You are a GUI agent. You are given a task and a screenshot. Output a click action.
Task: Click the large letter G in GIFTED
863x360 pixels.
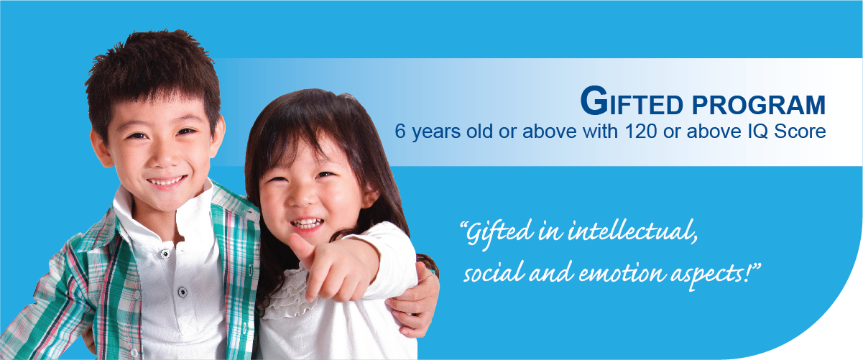(594, 101)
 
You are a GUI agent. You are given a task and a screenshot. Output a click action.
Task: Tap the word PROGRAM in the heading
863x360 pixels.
(759, 105)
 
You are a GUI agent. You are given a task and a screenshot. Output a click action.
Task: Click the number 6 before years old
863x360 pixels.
(401, 131)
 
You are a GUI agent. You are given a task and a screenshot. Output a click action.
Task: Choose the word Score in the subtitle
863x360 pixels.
(800, 131)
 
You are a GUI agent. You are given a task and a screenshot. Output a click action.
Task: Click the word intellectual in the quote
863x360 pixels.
(632, 232)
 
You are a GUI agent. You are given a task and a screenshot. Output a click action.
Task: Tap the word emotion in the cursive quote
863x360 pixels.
(622, 274)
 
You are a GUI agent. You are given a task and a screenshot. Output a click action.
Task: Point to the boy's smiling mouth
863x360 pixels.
(167, 181)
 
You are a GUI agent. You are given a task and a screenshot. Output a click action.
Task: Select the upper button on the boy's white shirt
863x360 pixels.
(165, 254)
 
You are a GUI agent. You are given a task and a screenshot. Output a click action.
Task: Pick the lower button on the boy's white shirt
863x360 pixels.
(183, 292)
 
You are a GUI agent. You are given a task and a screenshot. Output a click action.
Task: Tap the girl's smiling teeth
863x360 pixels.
(307, 223)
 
